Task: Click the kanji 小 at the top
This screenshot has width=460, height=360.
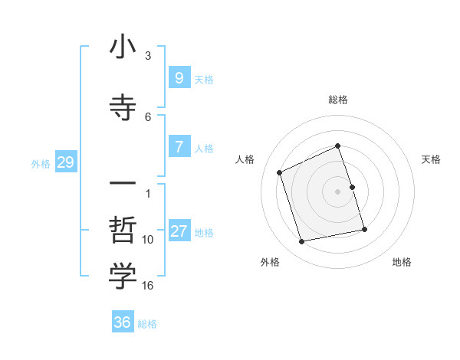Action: tap(123, 48)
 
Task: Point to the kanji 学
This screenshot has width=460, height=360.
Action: tap(123, 277)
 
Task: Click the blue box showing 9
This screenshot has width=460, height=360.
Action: tap(179, 77)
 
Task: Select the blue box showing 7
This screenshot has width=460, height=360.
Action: tap(179, 147)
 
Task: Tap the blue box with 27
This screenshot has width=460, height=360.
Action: tap(179, 231)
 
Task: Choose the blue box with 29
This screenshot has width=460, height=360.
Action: tap(65, 162)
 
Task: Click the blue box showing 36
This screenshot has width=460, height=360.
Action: tap(122, 322)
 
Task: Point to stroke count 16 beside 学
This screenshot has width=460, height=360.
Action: tap(149, 286)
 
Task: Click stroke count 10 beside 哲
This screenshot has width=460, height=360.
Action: tap(148, 240)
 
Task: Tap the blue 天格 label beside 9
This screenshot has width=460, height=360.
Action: tap(204, 79)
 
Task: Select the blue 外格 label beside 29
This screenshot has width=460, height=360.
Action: tap(41, 163)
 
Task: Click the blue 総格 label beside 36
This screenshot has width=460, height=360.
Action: tap(147, 324)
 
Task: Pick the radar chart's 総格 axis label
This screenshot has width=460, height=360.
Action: tap(338, 100)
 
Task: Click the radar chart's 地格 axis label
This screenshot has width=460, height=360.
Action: tap(402, 262)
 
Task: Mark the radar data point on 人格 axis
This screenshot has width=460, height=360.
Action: tap(280, 172)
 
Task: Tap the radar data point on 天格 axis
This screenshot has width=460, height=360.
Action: tap(352, 187)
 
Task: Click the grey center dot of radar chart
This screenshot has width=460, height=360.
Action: tap(338, 191)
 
